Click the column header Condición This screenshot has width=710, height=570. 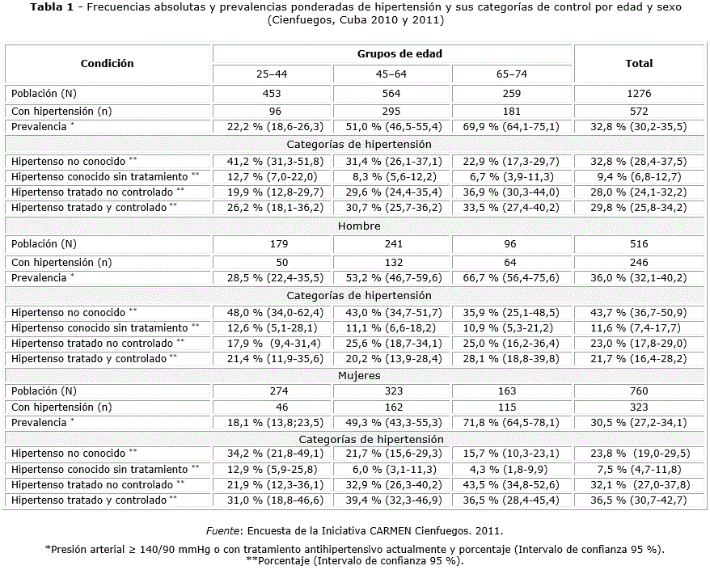[108, 63]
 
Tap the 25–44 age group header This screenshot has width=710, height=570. [273, 74]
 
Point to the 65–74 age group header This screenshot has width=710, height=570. [512, 74]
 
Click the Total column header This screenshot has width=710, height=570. [639, 63]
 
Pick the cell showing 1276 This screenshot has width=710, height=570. [639, 93]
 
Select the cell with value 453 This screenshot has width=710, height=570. [273, 93]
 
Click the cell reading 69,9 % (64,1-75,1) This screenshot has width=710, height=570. [512, 126]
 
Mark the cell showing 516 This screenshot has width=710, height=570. [639, 243]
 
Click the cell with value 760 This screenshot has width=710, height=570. [639, 391]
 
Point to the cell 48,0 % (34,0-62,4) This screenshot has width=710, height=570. [273, 312]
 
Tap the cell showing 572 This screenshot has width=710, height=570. [639, 111]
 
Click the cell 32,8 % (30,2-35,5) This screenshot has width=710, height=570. [639, 126]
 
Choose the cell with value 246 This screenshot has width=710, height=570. [639, 262]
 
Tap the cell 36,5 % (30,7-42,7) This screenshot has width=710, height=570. [639, 500]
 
